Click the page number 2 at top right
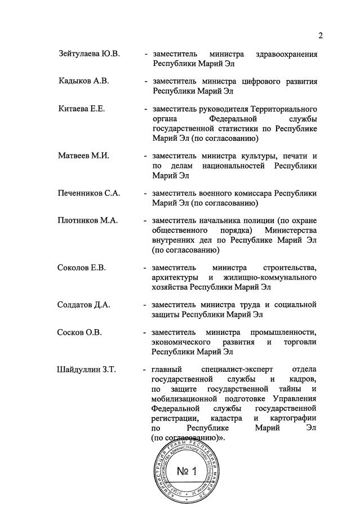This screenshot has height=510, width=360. click(321, 36)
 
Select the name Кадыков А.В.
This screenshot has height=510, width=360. click(83, 81)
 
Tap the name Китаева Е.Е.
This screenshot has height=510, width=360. click(81, 108)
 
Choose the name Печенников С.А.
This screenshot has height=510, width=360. click(89, 193)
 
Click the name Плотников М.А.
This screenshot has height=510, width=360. click(87, 220)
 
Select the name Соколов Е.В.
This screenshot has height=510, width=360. click(82, 267)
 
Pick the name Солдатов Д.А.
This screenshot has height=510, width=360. click(83, 305)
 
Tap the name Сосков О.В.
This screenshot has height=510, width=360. click(79, 332)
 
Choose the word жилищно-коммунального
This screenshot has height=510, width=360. click(269, 277)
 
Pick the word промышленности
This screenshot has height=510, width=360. click(283, 332)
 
